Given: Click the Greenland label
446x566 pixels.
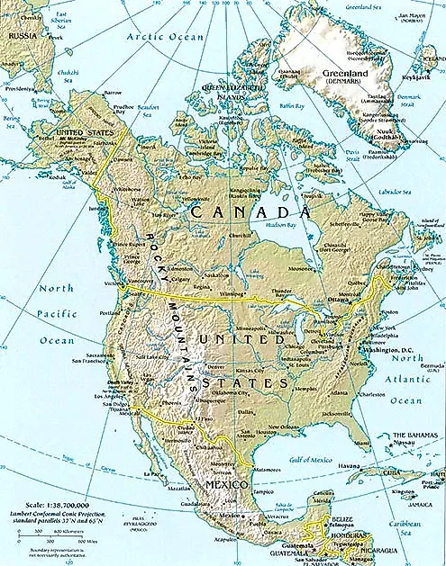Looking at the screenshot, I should tap(335, 72).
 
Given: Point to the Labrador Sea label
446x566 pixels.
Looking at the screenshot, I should tap(391, 189).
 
